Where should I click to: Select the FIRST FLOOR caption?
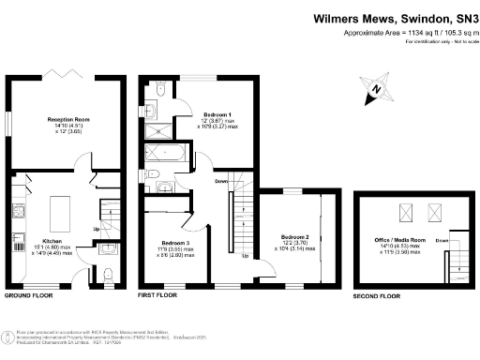click(x=157, y=295)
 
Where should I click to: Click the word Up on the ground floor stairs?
click(x=96, y=228)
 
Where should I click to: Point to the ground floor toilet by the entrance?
click(x=109, y=273)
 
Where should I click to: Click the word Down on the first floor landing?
click(x=221, y=181)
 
